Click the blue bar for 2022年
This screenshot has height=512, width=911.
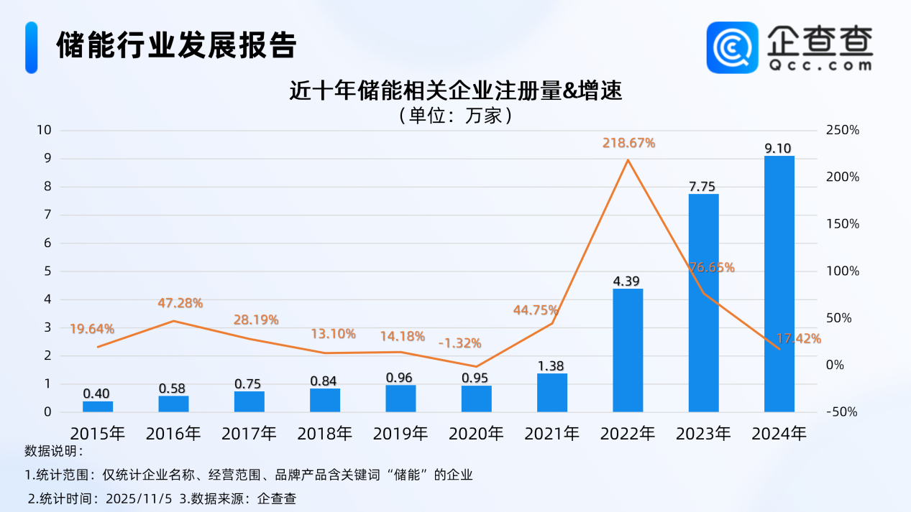pos(628,350)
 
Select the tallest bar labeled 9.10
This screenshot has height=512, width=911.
pos(779,284)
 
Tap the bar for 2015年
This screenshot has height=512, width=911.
pos(98,406)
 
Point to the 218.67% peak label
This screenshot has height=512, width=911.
pos(628,143)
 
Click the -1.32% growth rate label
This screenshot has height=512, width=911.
pos(459,343)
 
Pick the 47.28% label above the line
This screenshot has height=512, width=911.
pos(180,303)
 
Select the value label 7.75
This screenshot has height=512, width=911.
pos(703,187)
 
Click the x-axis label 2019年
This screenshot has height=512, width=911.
pos(400,434)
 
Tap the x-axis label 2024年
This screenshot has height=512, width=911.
pos(779,434)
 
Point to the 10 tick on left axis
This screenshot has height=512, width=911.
pos(45,130)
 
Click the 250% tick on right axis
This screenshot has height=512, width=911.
pos(843,130)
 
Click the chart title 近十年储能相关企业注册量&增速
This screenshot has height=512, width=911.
pos(454,92)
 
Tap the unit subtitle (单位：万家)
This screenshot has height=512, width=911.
pos(454,115)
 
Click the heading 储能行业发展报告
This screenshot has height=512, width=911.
pos(176,46)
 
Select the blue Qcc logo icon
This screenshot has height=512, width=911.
pos(732,47)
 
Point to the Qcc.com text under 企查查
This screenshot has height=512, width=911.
pos(820,65)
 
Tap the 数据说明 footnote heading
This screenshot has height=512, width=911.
pos(54,452)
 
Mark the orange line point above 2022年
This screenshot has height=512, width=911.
pos(628,159)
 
